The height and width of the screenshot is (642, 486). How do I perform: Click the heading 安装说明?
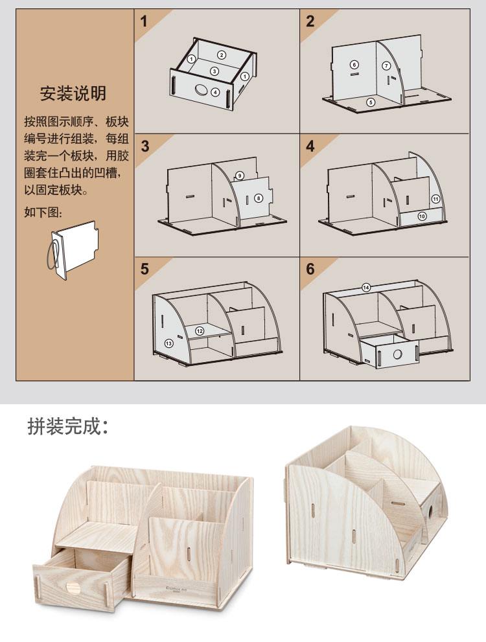(x=73, y=93)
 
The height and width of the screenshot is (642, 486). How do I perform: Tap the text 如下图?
(x=43, y=212)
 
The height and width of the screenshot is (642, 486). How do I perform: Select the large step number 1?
(x=144, y=21)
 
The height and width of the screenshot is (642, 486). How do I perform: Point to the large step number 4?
(x=310, y=146)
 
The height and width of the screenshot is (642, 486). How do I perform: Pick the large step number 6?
(x=310, y=269)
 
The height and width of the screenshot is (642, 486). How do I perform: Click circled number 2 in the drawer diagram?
(x=222, y=55)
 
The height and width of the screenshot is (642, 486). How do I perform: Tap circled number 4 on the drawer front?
(x=215, y=92)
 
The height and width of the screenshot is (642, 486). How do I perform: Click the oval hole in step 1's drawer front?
(x=201, y=89)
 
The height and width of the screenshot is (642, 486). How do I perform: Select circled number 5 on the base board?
(x=371, y=102)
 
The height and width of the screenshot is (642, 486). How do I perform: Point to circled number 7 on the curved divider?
(x=386, y=65)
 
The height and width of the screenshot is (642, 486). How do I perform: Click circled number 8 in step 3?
(x=259, y=198)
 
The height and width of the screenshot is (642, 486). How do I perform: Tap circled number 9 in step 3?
(x=240, y=176)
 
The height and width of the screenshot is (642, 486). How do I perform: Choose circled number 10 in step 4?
(x=422, y=216)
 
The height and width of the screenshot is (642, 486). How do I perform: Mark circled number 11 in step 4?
(x=435, y=199)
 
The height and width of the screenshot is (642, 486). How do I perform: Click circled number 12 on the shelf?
(x=200, y=331)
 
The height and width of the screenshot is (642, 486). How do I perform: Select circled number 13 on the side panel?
(x=168, y=343)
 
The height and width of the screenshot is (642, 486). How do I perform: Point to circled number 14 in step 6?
(x=366, y=288)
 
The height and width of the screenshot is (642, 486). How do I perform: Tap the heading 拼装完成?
(x=68, y=426)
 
